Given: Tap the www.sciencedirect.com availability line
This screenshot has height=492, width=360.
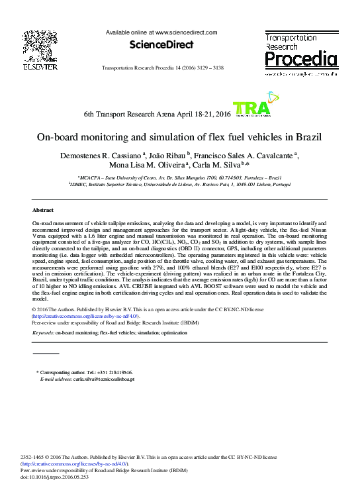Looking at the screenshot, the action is [161, 32].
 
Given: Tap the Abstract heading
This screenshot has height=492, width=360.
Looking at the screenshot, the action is [43, 209].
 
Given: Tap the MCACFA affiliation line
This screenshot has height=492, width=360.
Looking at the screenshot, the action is [179, 178].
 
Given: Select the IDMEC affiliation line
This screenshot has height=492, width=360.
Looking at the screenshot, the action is [179, 185].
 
